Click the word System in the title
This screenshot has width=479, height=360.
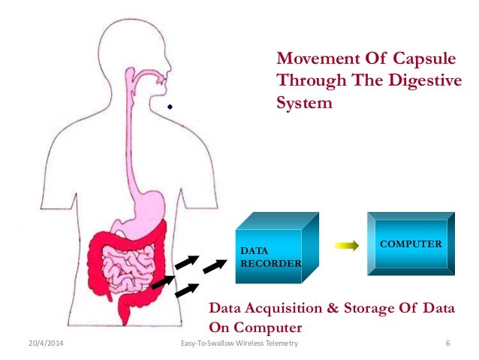click(x=304, y=104)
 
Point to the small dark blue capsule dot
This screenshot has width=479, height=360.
click(x=170, y=107)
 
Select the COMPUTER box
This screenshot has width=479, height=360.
click(x=411, y=244)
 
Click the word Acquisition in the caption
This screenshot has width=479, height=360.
click(x=282, y=308)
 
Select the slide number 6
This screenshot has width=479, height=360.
click(x=447, y=343)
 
